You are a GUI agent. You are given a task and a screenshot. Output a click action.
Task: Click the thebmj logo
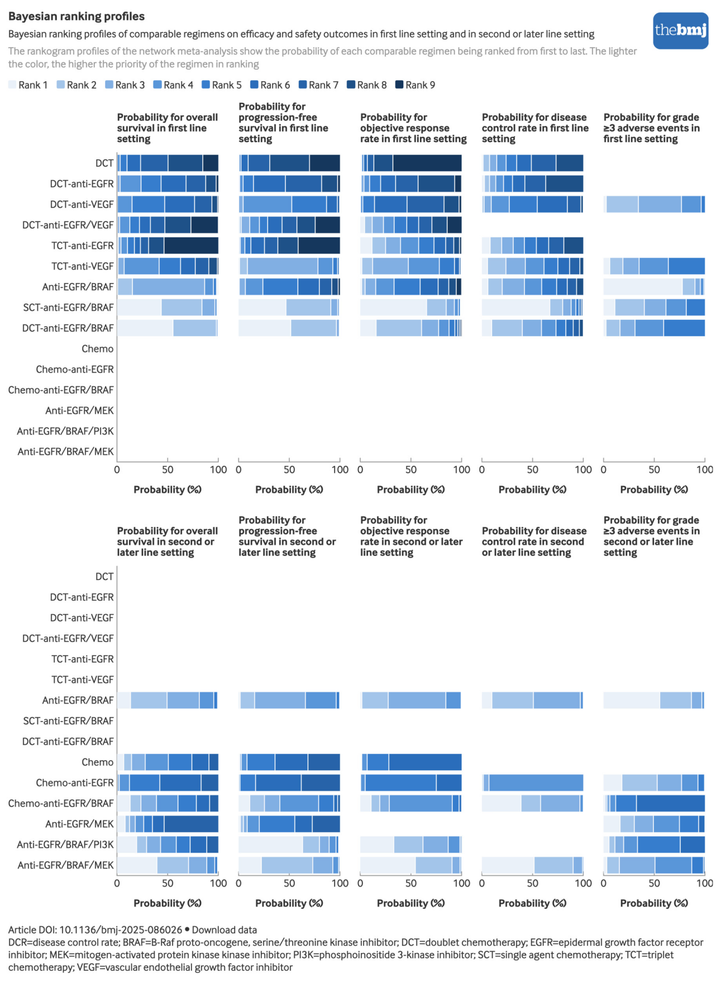tap(680, 31)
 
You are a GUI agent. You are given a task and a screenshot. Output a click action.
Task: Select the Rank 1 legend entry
tap(28, 85)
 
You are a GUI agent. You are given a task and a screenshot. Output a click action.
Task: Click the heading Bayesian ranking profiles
tap(76, 16)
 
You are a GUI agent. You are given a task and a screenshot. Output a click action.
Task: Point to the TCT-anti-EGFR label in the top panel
tap(82, 246)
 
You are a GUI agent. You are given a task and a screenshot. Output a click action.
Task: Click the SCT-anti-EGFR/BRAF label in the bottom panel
tap(68, 721)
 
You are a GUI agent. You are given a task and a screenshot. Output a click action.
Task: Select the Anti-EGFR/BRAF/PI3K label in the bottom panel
tap(65, 845)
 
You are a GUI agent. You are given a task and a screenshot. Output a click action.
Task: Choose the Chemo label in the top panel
tap(97, 349)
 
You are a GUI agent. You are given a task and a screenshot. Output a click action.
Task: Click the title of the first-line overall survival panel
tap(167, 128)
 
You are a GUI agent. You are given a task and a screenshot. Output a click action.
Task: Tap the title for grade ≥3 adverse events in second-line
tap(651, 536)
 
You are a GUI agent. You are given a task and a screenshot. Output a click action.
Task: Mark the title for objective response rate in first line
tap(413, 128)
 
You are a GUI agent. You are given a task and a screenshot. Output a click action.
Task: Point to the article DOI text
tap(95, 930)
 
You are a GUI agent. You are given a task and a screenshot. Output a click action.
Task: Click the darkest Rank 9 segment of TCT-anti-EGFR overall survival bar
tap(191, 246)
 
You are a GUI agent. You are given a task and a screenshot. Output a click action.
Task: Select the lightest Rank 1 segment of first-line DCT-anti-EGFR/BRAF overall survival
tap(145, 328)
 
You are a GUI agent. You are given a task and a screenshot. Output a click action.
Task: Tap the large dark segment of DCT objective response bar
tap(427, 164)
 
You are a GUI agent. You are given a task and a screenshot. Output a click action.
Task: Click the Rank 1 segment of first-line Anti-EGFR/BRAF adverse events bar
tap(643, 287)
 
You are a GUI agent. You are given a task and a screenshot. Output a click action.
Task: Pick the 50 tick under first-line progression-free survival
tap(289, 470)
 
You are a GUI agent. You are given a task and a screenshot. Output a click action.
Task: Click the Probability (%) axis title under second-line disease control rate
tap(532, 903)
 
